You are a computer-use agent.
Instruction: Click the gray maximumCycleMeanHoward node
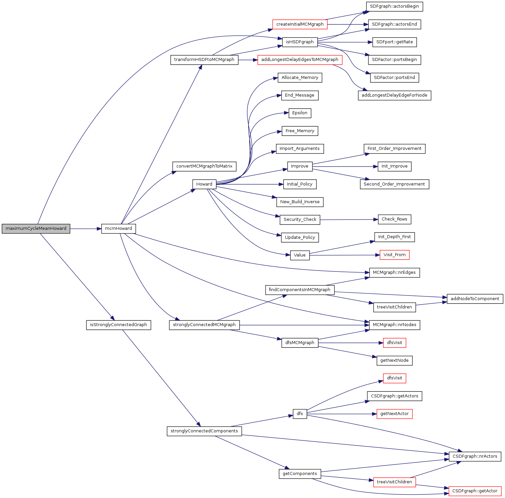tap(36, 229)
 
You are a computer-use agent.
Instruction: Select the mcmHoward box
tap(118, 229)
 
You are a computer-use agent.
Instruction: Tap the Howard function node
tap(204, 184)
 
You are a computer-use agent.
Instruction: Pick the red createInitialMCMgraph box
tap(300, 24)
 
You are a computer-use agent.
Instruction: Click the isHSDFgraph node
tap(300, 42)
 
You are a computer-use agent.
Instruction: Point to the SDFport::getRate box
tap(394, 42)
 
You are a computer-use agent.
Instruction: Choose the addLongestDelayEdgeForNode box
tap(394, 95)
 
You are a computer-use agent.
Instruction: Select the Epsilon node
tap(300, 113)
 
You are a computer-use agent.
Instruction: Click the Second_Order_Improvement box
tap(394, 184)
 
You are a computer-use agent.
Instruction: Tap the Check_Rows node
tap(394, 219)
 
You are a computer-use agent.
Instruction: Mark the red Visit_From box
tap(394, 255)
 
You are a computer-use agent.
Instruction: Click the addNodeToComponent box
tap(475, 299)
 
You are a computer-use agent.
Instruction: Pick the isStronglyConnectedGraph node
tap(118, 325)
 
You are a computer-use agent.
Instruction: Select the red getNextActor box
tap(394, 414)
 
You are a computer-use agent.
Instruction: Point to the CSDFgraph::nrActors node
tap(475, 456)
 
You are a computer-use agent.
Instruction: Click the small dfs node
tap(300, 414)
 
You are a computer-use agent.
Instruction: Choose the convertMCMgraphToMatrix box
tap(204, 166)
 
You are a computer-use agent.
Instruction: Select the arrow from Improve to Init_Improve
tap(345, 167)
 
